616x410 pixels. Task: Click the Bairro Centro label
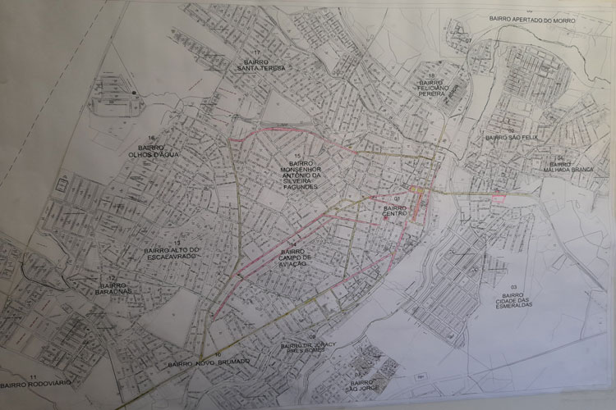pyautogui.click(x=395, y=212)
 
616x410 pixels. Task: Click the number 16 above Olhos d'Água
pyautogui.click(x=151, y=137)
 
